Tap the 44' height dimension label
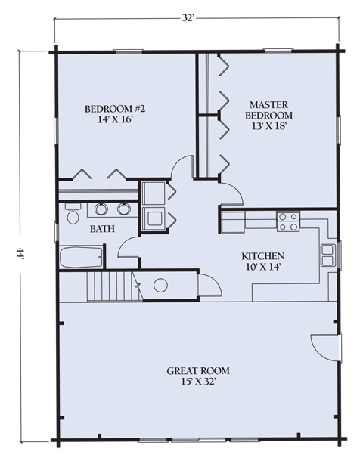[x=20, y=253]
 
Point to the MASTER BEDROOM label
[x=268, y=110]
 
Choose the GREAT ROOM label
[x=198, y=371]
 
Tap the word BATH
[x=102, y=229]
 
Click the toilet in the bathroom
[x=73, y=213]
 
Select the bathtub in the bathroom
[x=82, y=258]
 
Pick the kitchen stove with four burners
[x=288, y=221]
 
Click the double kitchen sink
[x=327, y=255]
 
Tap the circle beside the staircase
[x=160, y=285]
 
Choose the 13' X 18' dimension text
[x=268, y=126]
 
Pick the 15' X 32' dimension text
[x=198, y=382]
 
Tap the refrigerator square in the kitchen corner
[x=233, y=222]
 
